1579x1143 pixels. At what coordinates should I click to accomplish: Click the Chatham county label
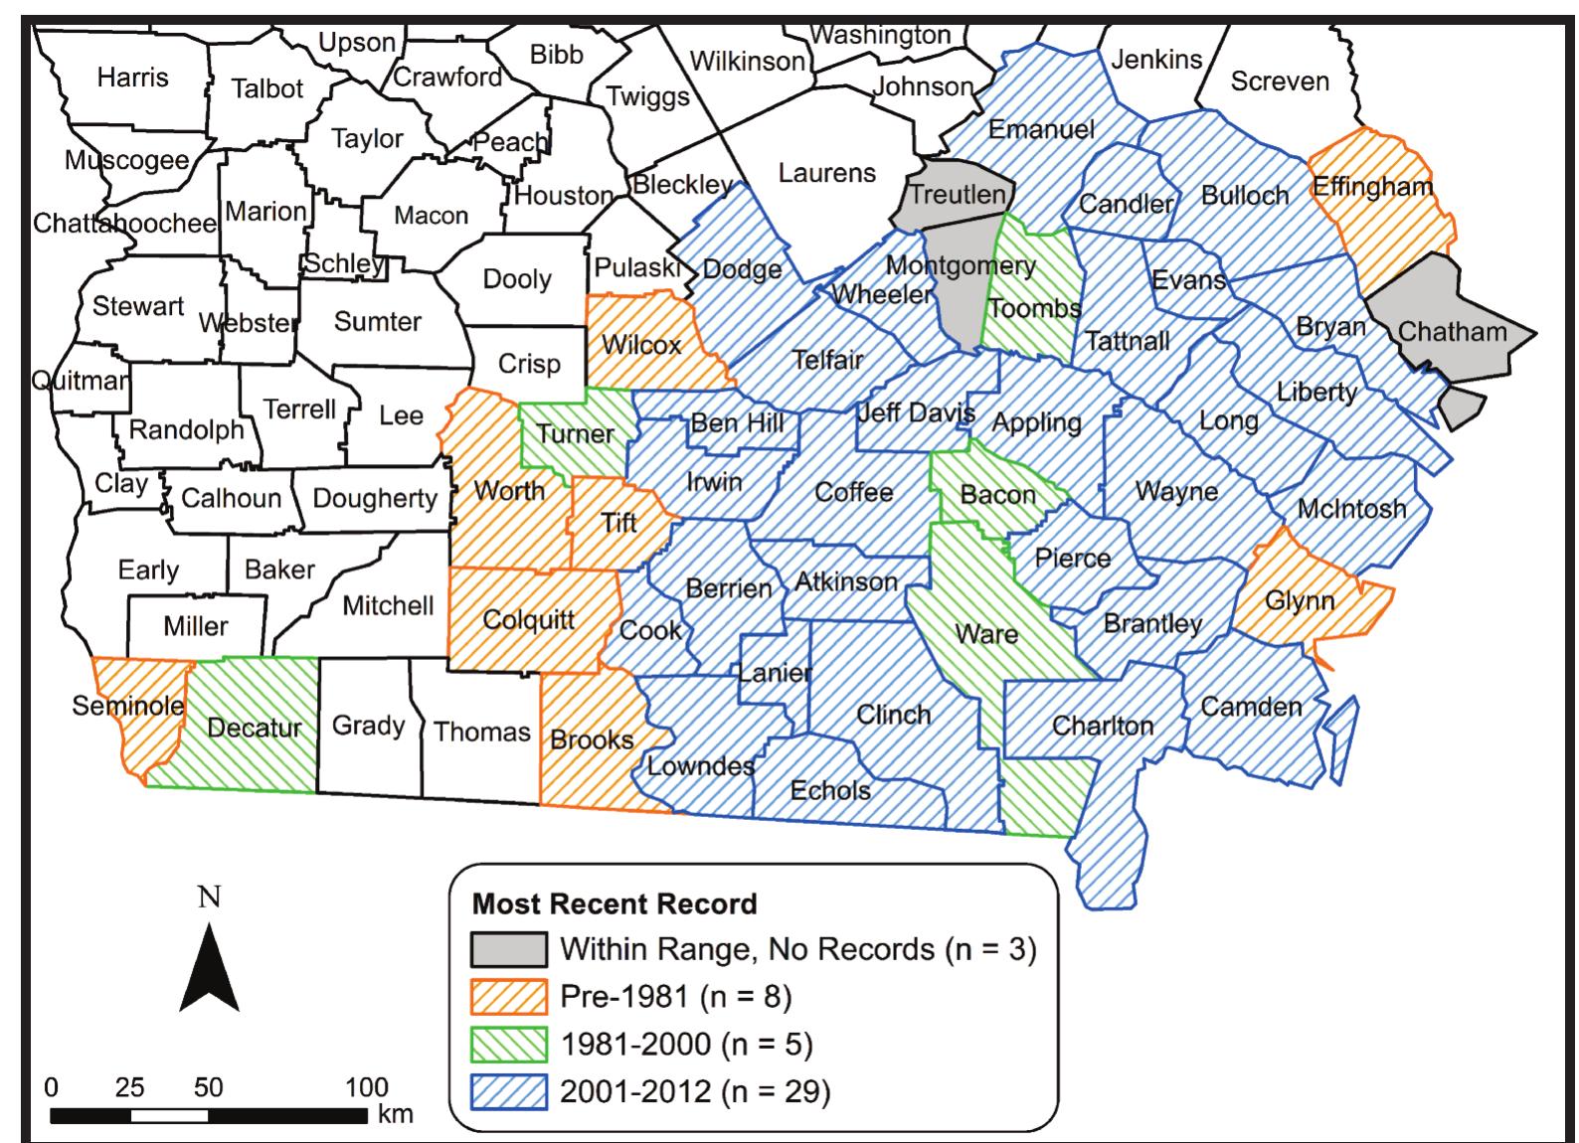pos(1452,331)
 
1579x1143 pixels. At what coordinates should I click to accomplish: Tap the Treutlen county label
pos(958,194)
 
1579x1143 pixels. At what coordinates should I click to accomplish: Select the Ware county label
pos(986,633)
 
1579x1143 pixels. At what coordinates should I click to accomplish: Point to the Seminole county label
pos(128,705)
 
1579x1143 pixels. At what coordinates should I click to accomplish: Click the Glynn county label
pos(1300,600)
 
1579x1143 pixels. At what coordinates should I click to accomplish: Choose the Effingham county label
pos(1372,186)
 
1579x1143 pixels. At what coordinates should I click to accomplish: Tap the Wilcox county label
pos(641,345)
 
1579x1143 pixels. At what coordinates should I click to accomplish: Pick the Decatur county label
pos(254,728)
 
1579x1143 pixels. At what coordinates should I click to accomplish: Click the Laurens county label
pos(826,173)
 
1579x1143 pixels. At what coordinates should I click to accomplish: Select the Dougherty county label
pos(375,498)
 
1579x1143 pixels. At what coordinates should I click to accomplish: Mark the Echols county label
pos(830,790)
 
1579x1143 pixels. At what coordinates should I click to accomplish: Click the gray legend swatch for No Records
pos(509,949)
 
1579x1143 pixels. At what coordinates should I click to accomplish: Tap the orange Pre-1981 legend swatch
pos(509,996)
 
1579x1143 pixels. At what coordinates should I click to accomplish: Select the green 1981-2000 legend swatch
pos(509,1044)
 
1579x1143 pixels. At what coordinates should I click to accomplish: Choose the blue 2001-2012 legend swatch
pos(509,1091)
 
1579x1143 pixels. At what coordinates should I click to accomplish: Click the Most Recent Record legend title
pos(614,903)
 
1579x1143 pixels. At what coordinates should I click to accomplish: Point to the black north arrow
pos(210,968)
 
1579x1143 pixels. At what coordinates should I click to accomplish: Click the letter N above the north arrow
pos(210,898)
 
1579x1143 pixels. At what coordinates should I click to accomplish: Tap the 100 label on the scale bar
pos(367,1086)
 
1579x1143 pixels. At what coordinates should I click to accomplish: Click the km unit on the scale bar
pos(396,1115)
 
